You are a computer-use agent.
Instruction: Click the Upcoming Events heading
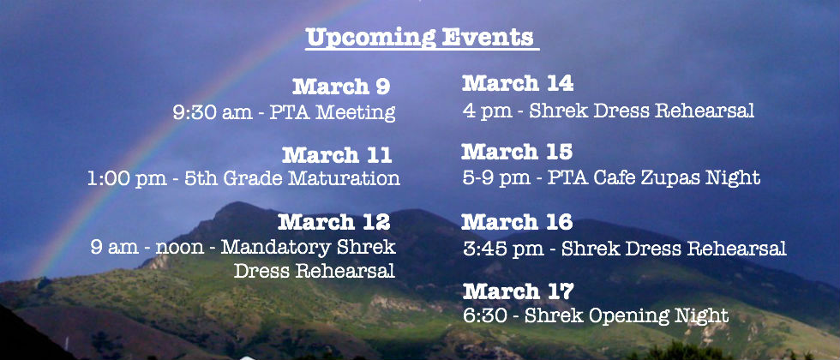tap(420, 39)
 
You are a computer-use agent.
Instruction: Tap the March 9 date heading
tap(341, 87)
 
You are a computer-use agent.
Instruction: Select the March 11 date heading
tap(337, 155)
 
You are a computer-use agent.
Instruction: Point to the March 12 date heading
tap(333, 221)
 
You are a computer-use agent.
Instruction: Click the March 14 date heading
tap(518, 83)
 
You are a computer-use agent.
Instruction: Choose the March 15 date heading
tap(517, 152)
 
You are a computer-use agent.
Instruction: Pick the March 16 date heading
tap(517, 221)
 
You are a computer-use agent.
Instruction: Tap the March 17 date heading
tap(518, 291)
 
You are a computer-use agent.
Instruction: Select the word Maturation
tap(344, 178)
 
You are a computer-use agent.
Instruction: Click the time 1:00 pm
tap(127, 178)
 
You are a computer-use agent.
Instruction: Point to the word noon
tap(179, 248)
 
